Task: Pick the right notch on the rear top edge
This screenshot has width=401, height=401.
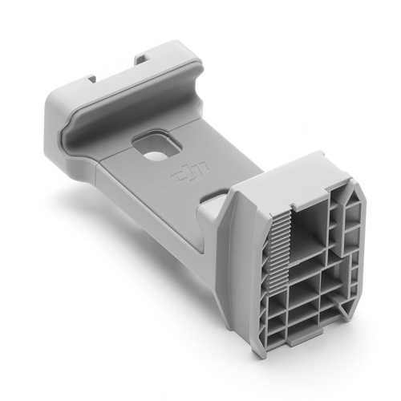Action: coord(141,58)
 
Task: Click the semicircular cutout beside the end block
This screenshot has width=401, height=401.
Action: coord(212,196)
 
